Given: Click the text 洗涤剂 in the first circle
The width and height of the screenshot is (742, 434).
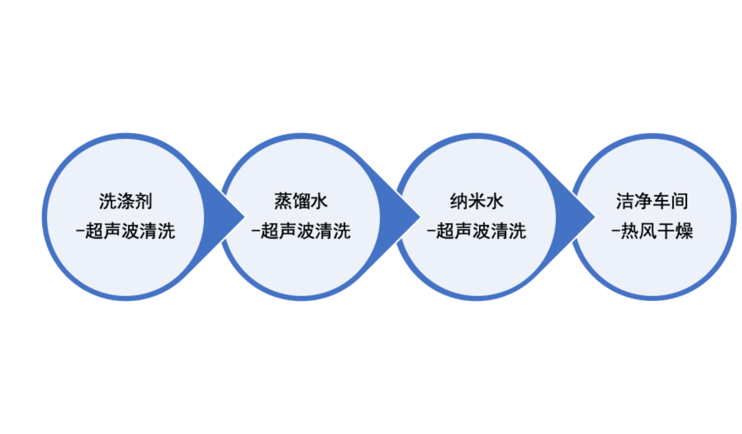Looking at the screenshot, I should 125,202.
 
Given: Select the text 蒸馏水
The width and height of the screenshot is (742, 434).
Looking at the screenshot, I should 301,202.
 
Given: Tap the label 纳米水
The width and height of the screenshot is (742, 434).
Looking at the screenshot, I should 476,202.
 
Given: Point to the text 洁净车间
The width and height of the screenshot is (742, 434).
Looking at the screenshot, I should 652,201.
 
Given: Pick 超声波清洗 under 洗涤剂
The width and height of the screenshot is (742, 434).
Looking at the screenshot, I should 130,232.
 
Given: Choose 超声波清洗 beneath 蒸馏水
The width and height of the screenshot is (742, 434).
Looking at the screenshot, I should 306,232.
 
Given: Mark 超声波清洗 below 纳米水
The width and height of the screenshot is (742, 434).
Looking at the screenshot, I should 481,232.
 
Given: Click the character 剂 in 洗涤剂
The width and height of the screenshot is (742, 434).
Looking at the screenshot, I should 143,202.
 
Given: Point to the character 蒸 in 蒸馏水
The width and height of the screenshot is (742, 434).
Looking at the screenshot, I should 283,202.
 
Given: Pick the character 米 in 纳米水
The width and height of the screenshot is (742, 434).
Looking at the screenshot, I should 476,202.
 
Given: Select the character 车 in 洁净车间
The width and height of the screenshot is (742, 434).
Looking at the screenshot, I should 661,201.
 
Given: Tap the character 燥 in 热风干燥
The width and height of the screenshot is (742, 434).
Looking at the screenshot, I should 684,232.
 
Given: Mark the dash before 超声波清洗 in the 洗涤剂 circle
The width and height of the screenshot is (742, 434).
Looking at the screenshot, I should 80,232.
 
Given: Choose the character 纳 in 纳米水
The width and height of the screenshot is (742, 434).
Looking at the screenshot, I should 459,202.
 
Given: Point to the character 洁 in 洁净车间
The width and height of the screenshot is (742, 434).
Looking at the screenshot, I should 625,201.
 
